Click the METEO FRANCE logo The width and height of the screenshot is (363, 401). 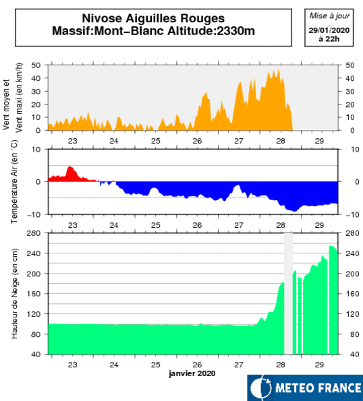304,388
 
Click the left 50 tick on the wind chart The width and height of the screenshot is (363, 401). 36,65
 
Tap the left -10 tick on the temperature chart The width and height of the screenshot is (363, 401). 34,214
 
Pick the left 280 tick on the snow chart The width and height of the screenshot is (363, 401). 34,233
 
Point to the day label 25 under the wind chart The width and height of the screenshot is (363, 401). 156,141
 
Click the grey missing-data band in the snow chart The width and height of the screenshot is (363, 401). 288,294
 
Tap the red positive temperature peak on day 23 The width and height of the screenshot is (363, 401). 69,167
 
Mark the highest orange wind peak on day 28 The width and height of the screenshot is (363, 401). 277,69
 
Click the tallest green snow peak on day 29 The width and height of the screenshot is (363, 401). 331,247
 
